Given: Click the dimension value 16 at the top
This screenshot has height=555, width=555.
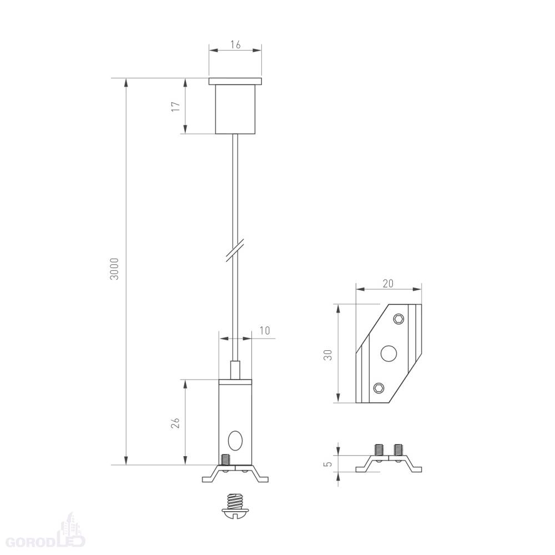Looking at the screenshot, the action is [x=235, y=44].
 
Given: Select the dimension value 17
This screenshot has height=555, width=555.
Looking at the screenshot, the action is [x=176, y=107].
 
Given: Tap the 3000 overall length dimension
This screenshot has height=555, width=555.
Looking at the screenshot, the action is [x=114, y=269].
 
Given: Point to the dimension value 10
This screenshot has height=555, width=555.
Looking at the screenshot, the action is [x=265, y=330].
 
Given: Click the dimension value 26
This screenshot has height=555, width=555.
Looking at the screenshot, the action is [x=175, y=423].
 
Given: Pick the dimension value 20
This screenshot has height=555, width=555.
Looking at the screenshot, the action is [x=388, y=284].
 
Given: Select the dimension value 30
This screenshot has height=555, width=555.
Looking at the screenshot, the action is [x=328, y=355].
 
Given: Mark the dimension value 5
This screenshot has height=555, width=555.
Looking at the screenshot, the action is [x=329, y=463].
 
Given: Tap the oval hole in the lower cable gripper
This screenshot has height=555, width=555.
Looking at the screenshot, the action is [x=235, y=441].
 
